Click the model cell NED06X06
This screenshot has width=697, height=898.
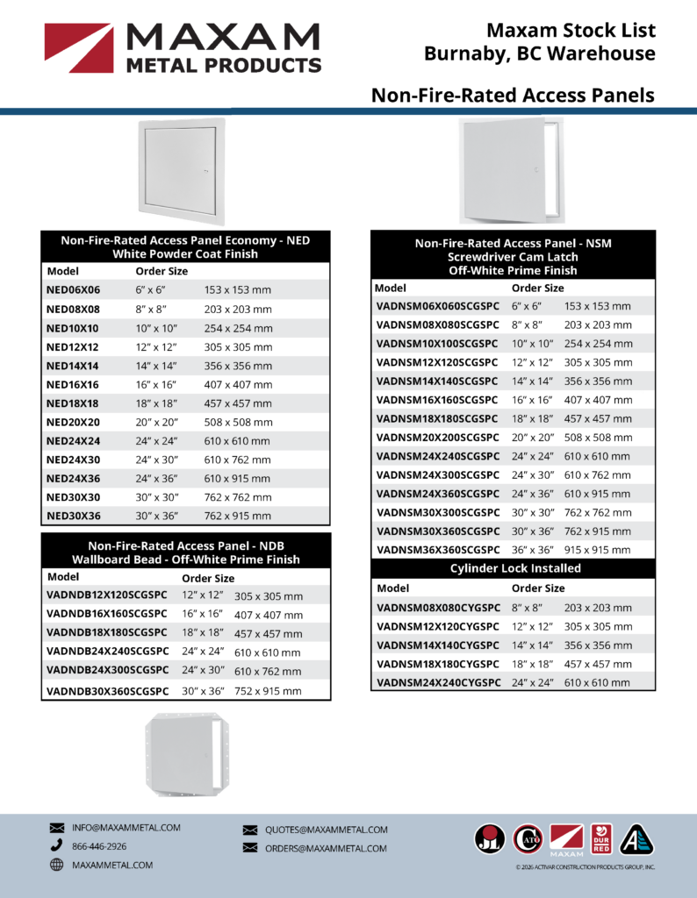pos(73,290)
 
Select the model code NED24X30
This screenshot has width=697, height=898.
pos(73,460)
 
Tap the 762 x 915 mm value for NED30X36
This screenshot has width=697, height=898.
pos(238,517)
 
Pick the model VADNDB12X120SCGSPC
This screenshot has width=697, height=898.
pos(106,596)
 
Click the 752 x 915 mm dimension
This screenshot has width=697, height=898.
pos(268,691)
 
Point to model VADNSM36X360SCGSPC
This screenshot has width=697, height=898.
pos(437,550)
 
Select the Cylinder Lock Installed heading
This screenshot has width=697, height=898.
pos(514,568)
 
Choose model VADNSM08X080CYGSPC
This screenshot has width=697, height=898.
pos(437,607)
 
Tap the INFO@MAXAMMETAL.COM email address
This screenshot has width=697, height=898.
pos(126,827)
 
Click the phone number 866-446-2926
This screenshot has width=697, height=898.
pos(99,846)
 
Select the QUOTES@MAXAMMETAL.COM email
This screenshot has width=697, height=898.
pos(326,830)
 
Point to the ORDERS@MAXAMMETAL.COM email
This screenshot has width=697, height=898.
pos(326,848)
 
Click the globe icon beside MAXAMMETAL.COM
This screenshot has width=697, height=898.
pos(57,865)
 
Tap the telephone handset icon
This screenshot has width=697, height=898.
pos(57,846)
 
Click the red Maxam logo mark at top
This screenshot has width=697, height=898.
pos(78,47)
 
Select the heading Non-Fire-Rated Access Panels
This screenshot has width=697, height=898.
pos(513,95)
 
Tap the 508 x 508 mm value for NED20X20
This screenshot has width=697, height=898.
pos(238,423)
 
